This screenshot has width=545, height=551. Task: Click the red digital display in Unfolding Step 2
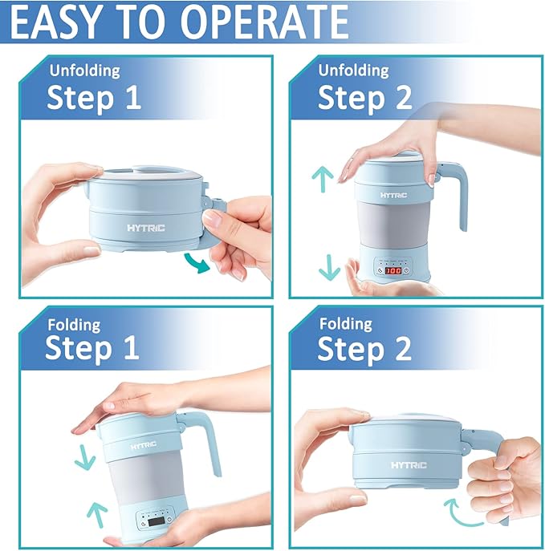(x=392, y=271)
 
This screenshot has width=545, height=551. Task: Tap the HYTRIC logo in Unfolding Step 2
(x=394, y=194)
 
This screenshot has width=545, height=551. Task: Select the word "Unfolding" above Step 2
(x=354, y=70)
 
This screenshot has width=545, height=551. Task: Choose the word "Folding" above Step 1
(x=73, y=325)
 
